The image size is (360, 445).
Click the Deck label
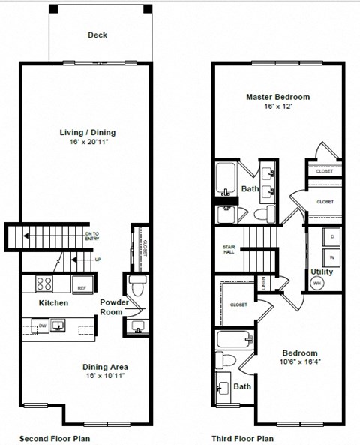[x=97, y=35]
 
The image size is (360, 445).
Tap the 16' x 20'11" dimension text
[x=88, y=143]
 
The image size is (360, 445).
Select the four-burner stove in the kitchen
[x=44, y=284]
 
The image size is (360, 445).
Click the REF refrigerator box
[x=81, y=286]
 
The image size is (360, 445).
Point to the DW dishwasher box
[x=43, y=326]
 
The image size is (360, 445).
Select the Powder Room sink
[x=137, y=326]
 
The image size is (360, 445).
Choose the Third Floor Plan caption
[x=242, y=438]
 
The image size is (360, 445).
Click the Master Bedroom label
[x=278, y=97]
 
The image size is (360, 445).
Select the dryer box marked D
[x=330, y=236]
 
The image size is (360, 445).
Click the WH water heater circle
[x=316, y=284]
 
